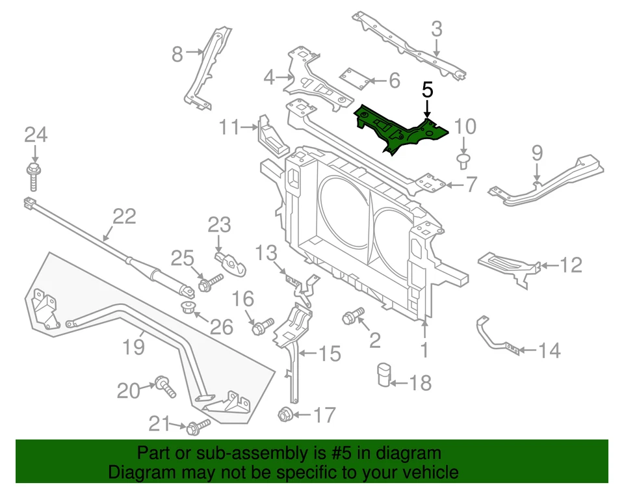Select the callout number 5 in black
click(427, 90)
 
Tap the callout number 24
click(36, 135)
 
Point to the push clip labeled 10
click(463, 158)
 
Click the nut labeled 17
click(284, 414)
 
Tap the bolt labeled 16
click(261, 325)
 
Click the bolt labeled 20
click(166, 388)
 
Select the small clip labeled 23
click(230, 261)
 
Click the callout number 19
click(134, 347)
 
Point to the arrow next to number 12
click(549, 265)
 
